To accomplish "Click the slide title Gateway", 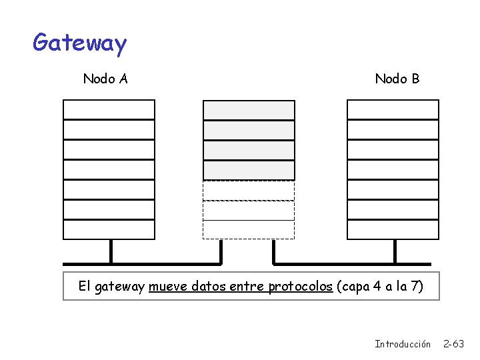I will [x=79, y=43].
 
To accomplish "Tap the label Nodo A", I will [x=105, y=79].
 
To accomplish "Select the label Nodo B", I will [x=397, y=79].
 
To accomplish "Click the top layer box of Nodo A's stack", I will [x=109, y=110].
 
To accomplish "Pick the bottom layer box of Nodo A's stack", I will [x=109, y=229].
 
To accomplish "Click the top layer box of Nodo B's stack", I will [x=393, y=110].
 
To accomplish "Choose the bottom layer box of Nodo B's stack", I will [x=393, y=229].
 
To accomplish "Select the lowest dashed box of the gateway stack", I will [x=249, y=229].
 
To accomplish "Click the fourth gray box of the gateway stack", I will [x=249, y=170].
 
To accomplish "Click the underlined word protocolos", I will [x=300, y=287].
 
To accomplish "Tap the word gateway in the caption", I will [x=120, y=287].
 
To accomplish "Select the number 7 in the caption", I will [x=415, y=287].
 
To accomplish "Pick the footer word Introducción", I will [x=403, y=344].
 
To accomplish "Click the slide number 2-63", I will [x=454, y=344].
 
